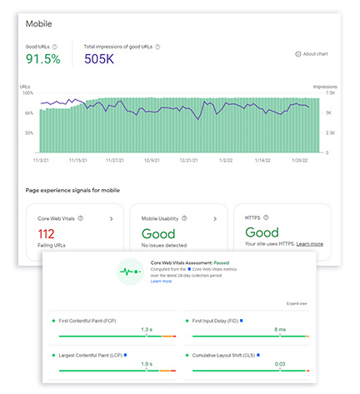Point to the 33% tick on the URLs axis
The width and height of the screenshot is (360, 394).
(28, 133)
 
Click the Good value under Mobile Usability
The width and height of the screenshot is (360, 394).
(158, 234)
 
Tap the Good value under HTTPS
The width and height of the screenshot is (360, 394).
(262, 234)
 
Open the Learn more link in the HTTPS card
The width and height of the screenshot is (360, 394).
(310, 244)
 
